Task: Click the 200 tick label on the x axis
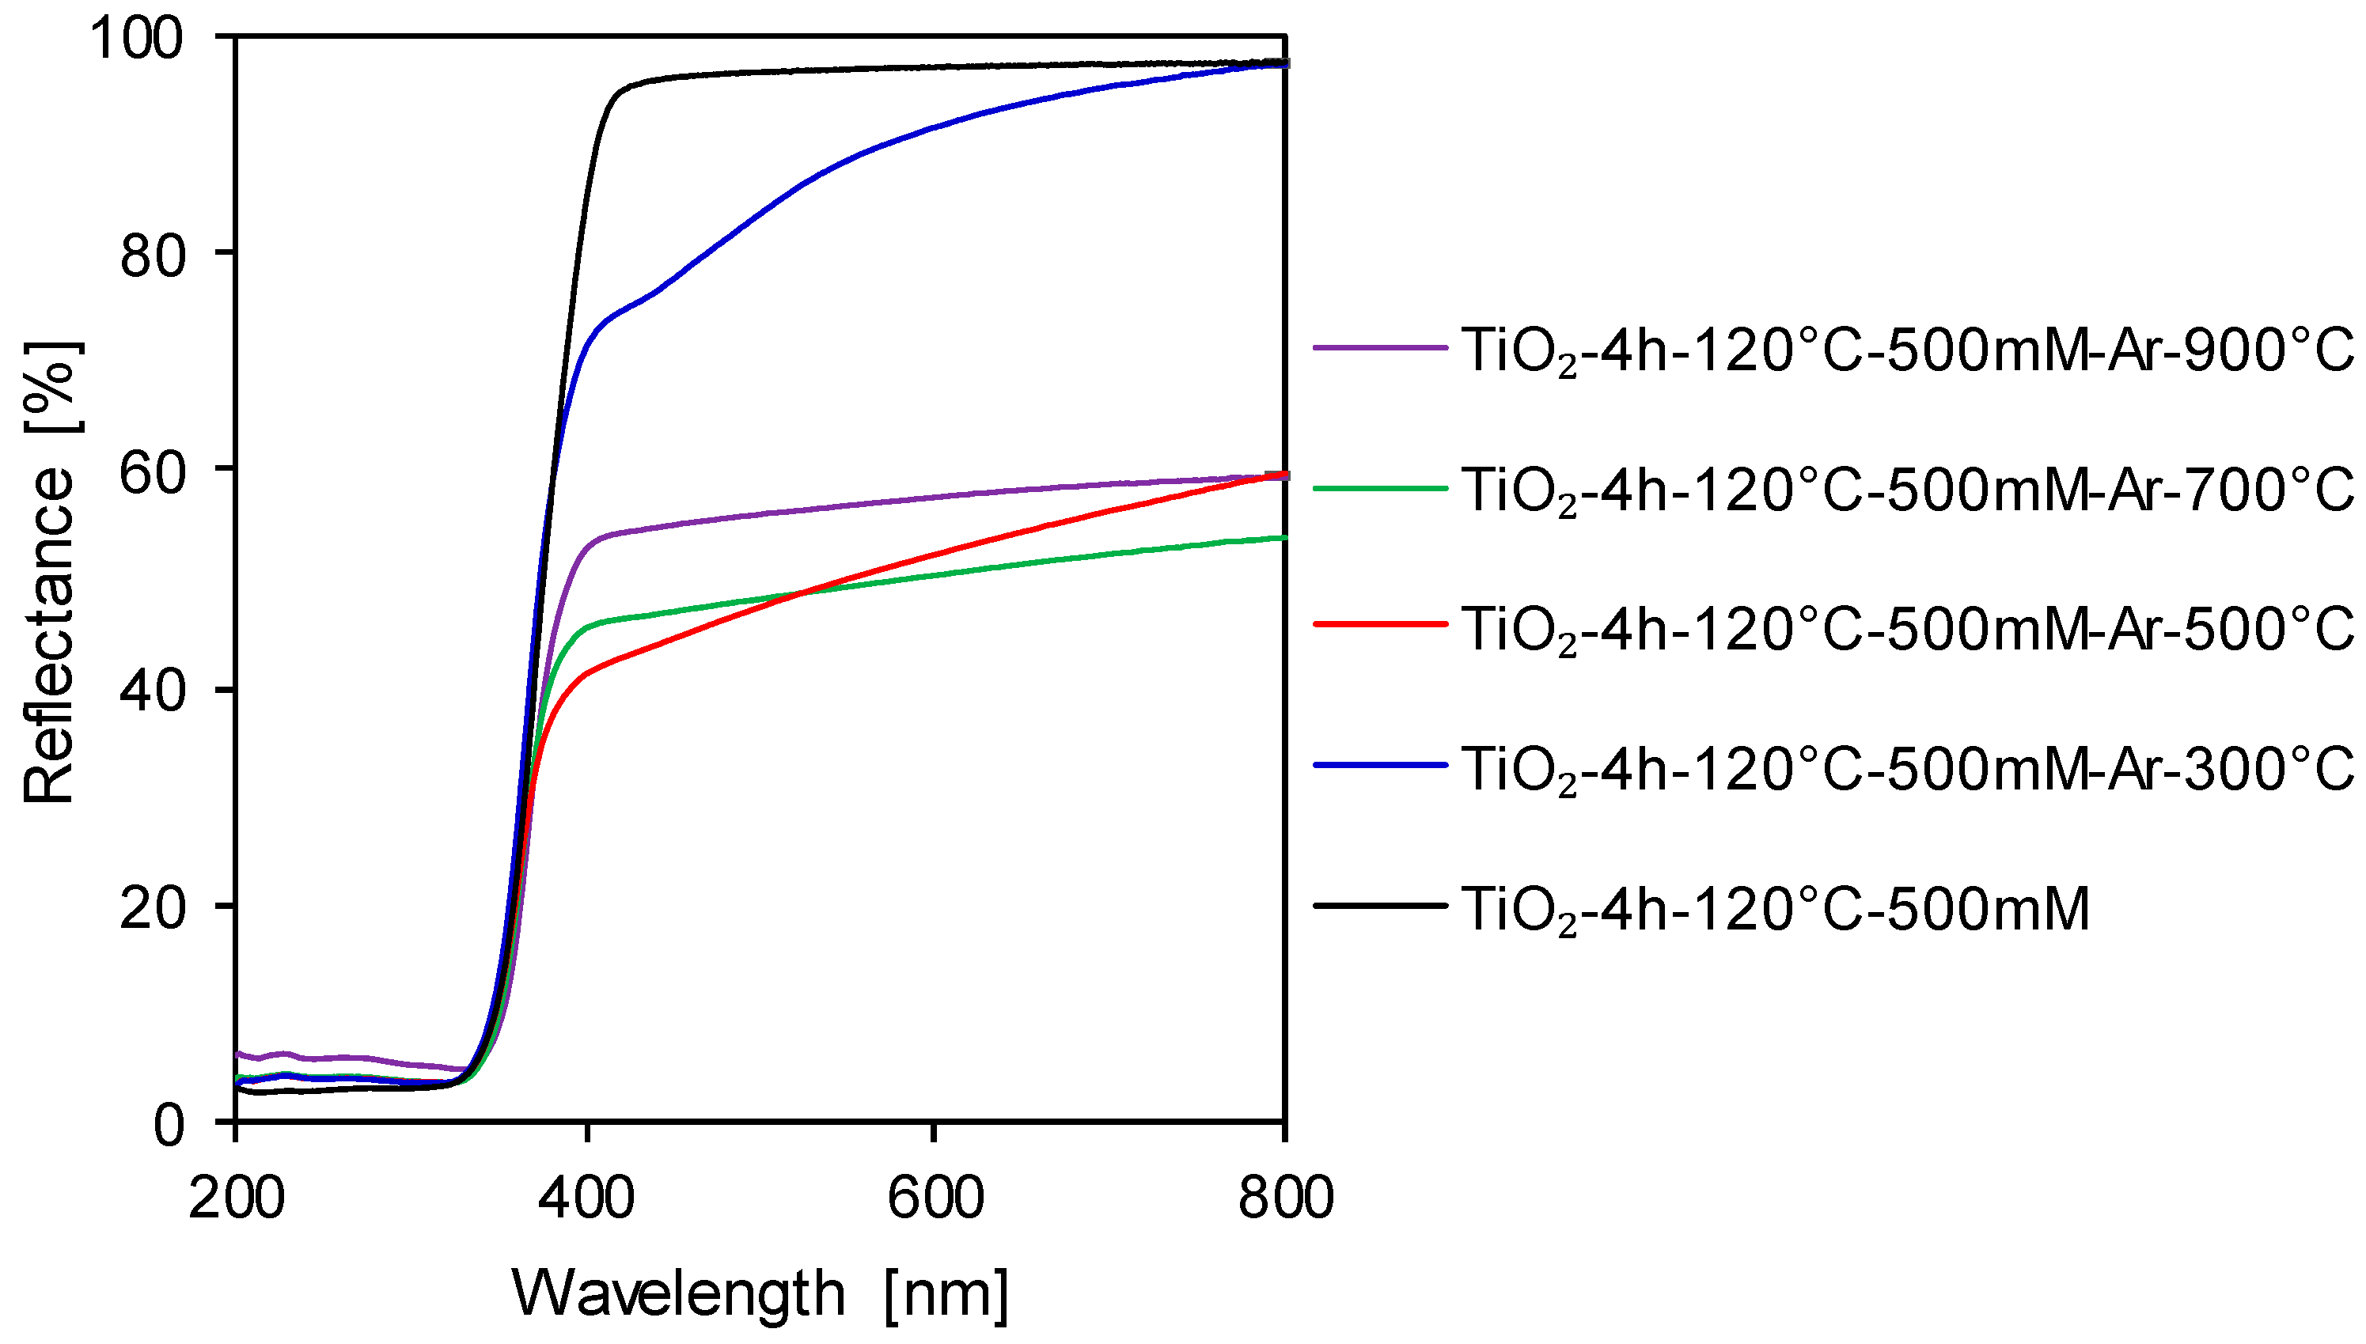[x=237, y=1198]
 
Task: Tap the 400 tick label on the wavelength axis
[x=586, y=1198]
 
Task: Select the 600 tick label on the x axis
[x=935, y=1198]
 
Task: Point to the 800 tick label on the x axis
[x=1285, y=1198]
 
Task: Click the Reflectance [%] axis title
[x=51, y=572]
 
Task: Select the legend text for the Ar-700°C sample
[x=1907, y=491]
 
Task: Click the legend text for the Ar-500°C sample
[x=1907, y=630]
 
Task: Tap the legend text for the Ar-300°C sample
[x=1907, y=770]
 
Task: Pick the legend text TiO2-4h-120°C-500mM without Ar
[x=1775, y=909]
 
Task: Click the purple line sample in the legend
[x=1380, y=347]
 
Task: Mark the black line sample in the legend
[x=1380, y=906]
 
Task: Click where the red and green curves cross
[x=802, y=592]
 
